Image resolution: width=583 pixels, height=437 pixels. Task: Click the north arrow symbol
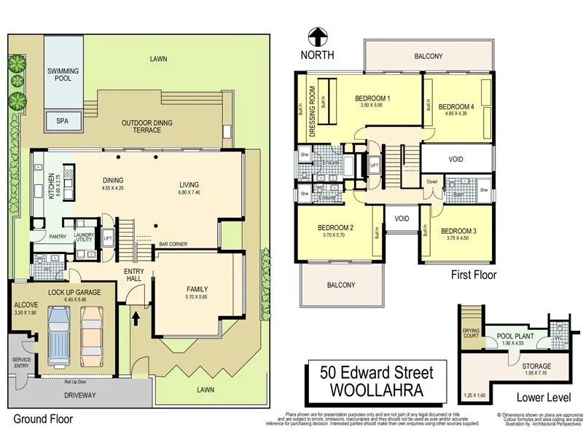(317, 36)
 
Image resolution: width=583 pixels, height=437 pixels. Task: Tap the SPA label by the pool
(62, 122)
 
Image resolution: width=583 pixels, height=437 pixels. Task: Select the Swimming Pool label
(63, 76)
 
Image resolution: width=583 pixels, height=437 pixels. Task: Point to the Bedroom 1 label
(372, 98)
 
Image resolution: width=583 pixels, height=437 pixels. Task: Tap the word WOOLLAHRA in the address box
(376, 390)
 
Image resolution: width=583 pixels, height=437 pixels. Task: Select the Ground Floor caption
(43, 419)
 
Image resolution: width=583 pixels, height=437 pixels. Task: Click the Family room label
(197, 288)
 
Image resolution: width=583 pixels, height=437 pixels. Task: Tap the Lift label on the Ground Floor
(107, 238)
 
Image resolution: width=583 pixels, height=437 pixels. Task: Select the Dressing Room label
(312, 113)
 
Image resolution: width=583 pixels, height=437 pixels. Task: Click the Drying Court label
(472, 333)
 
